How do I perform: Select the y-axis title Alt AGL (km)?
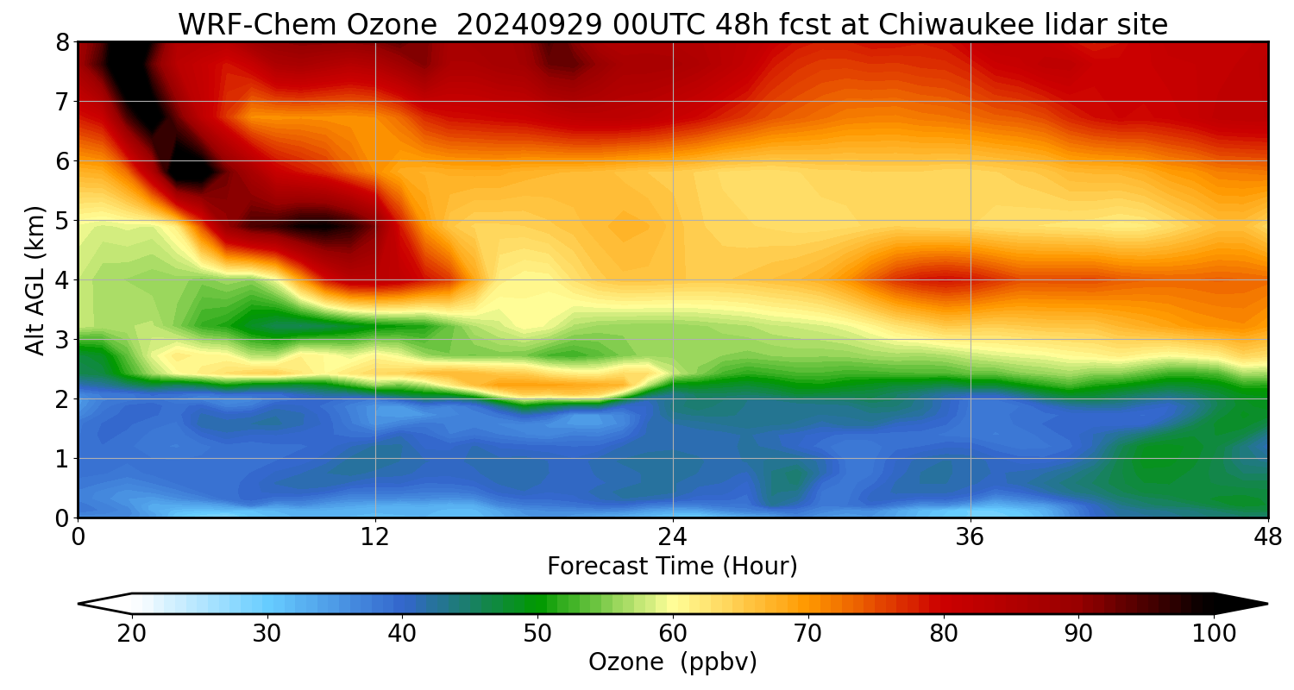[35, 280]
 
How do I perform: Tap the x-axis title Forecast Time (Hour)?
[672, 567]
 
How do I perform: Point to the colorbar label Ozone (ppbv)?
[672, 662]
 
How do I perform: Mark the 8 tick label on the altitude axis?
[62, 42]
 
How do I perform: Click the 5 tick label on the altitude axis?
[62, 221]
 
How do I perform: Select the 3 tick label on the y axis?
[62, 340]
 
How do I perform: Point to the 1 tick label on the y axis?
[62, 459]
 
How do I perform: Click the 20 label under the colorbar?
[132, 634]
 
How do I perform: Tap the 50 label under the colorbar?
[537, 634]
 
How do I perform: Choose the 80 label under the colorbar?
[944, 634]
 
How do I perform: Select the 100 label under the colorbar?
[1214, 634]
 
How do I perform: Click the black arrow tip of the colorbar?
[1247, 604]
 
